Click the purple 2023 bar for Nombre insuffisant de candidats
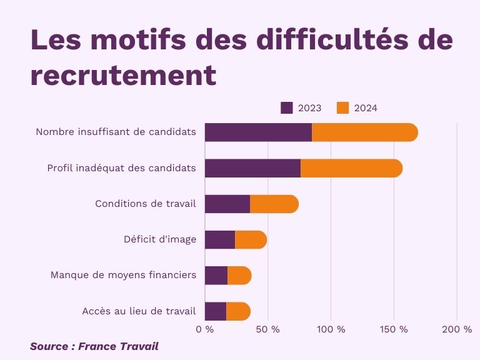(x=258, y=132)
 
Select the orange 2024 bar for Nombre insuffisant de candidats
(x=364, y=132)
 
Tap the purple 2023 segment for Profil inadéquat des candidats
(x=252, y=169)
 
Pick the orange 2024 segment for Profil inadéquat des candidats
(x=351, y=169)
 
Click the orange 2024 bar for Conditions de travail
(x=274, y=204)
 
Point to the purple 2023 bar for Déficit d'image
(x=220, y=240)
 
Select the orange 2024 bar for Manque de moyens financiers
(x=239, y=276)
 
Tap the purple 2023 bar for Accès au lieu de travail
(x=216, y=311)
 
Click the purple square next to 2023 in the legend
(x=287, y=107)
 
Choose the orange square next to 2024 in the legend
(x=342, y=107)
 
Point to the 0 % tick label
(x=204, y=329)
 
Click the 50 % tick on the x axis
(x=268, y=329)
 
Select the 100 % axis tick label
(x=331, y=329)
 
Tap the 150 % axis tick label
(x=394, y=329)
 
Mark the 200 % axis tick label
(x=457, y=329)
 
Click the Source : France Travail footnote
(x=94, y=346)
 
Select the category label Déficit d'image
(x=160, y=239)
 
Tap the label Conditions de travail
(x=146, y=204)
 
